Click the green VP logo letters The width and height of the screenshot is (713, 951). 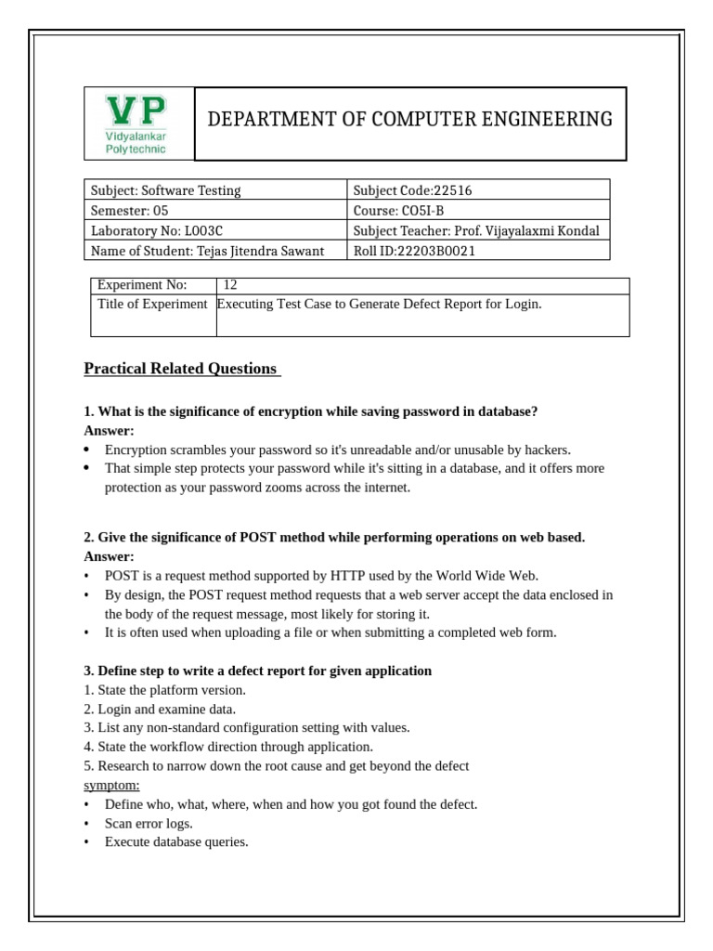tap(137, 111)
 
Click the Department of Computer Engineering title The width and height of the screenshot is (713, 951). tap(409, 119)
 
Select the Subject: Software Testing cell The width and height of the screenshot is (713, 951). tap(165, 190)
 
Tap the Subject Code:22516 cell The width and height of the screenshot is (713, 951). tap(412, 190)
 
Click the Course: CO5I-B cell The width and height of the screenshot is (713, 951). tap(398, 211)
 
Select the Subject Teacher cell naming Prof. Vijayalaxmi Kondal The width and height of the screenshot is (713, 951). tap(476, 230)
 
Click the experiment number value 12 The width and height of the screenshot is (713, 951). tap(230, 285)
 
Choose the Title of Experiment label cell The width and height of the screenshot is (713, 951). tap(152, 305)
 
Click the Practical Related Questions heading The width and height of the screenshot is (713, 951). tap(182, 369)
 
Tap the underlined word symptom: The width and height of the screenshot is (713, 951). tap(111, 785)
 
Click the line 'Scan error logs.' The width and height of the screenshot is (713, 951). tap(149, 823)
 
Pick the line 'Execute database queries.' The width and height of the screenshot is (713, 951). tap(176, 842)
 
